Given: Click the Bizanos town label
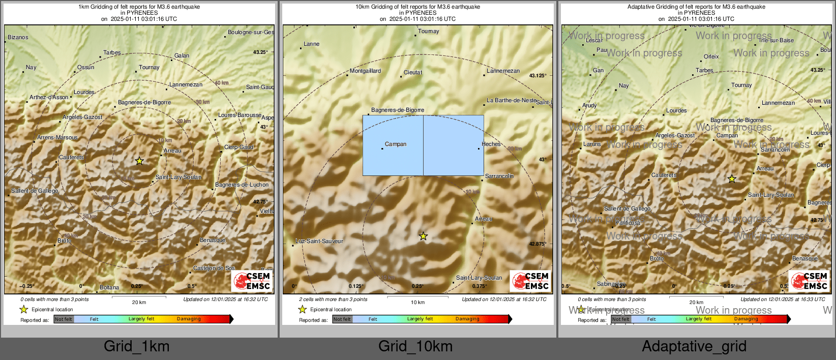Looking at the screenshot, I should tap(18, 37).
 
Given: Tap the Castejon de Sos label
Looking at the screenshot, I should tap(214, 268).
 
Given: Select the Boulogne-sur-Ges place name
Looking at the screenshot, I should tap(251, 32).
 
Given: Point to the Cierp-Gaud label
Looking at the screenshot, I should tap(238, 147).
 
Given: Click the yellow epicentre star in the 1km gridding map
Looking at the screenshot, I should tap(139, 161).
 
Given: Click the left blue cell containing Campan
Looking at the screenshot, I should tap(393, 145).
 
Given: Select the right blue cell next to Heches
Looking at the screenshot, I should tap(453, 145).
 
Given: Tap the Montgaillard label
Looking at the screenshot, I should tap(365, 71).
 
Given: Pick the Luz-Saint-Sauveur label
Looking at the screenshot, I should tap(319, 241).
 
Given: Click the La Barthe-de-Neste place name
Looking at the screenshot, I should tap(512, 100).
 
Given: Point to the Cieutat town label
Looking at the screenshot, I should tap(413, 72).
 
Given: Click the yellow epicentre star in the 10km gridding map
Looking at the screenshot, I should tap(423, 236).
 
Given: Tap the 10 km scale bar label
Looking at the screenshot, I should tap(417, 303).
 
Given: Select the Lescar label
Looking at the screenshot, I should tap(594, 40).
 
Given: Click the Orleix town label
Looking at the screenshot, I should tap(711, 56).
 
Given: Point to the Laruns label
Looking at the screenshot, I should tap(592, 144).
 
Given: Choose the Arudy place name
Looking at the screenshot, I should tap(589, 105).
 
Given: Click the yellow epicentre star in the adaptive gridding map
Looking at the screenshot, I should tap(732, 179).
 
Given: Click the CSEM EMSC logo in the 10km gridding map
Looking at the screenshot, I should tap(530, 281).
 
